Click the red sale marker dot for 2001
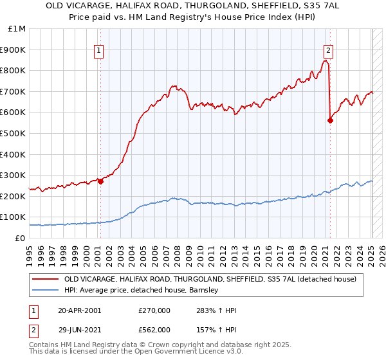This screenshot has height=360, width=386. (100, 181)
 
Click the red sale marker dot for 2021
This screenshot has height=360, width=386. (330, 120)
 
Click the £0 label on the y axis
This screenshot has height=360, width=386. (20, 238)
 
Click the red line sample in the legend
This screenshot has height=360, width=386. (45, 279)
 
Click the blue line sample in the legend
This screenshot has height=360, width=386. (45, 290)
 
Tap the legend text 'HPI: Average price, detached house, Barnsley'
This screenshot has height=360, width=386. (142, 290)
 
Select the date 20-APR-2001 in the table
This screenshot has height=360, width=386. (79, 310)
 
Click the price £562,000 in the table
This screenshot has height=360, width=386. (154, 329)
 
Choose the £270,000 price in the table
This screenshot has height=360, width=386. (154, 310)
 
